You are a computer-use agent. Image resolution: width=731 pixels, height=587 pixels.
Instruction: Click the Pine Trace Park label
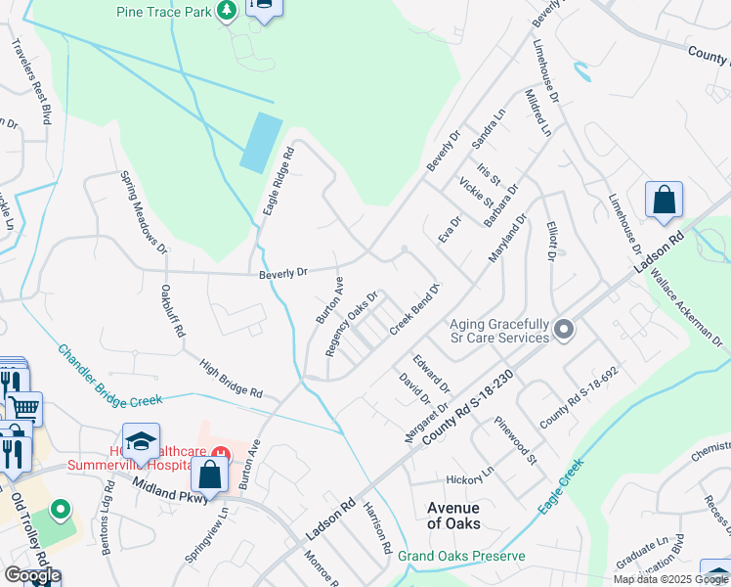pos(163,12)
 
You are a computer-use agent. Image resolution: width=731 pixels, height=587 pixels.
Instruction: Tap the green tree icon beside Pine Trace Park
pos(226,11)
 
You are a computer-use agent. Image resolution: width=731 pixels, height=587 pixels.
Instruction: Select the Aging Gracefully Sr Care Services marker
pos(563,330)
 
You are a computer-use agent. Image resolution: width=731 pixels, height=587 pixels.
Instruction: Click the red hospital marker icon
pos(222,454)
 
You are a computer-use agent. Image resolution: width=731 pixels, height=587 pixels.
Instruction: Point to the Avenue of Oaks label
pos(453,515)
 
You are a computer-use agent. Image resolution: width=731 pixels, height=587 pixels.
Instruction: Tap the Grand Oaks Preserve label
pos(461,556)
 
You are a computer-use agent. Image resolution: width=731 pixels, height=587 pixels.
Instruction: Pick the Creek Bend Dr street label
pos(416,309)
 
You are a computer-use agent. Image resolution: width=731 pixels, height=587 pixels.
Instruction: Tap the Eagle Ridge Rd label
pos(278,182)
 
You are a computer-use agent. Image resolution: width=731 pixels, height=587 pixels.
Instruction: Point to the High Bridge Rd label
pos(231,379)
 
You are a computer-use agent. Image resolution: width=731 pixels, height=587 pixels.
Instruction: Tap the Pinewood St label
pos(516,439)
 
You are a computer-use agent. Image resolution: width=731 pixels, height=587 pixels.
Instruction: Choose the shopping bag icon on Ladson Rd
pos(665,201)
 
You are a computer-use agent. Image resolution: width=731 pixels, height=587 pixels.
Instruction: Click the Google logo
pos(32,575)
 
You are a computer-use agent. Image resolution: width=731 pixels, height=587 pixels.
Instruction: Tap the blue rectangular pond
pos(261,141)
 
